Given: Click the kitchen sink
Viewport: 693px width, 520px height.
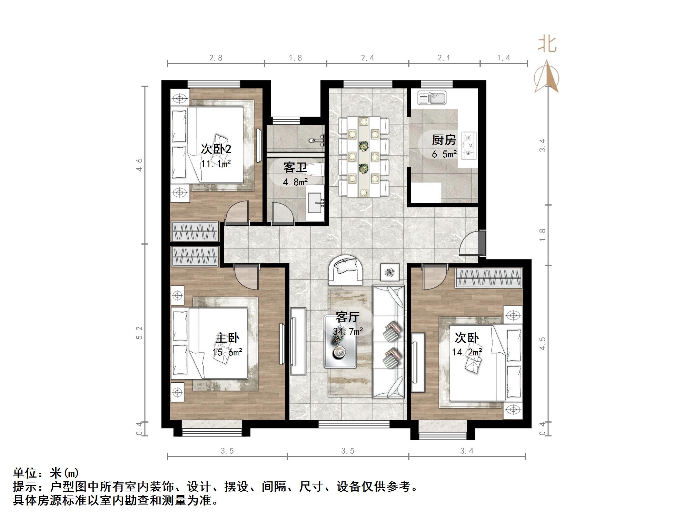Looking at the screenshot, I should (432, 98).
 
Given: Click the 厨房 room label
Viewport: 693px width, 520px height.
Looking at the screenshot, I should (444, 140).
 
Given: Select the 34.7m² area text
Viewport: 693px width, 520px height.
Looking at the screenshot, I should (348, 332).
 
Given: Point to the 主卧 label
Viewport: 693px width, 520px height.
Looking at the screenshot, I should (227, 338).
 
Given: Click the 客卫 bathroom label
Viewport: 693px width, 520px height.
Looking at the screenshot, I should (295, 168).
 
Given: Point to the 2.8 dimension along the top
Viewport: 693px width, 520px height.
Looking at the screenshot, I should (216, 58).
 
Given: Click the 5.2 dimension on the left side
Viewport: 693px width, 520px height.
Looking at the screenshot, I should (139, 333).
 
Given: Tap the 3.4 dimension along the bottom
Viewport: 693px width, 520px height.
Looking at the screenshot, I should (467, 451).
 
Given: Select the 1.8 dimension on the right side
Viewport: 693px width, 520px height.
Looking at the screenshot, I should (543, 235).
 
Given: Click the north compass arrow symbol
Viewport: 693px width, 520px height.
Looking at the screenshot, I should (546, 77).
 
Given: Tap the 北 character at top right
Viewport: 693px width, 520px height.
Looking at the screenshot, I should (547, 44).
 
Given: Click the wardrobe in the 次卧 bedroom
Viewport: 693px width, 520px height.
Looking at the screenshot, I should (489, 277).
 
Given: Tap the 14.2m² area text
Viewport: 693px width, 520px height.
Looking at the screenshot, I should (467, 352).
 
